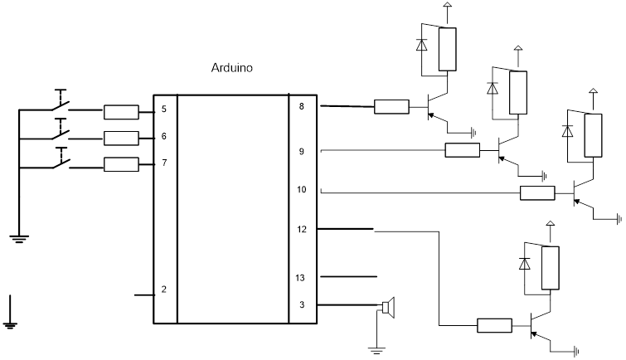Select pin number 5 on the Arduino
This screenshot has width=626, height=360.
[x=164, y=109]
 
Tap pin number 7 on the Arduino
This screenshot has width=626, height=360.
[x=164, y=163]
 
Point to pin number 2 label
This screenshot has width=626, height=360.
[x=164, y=289]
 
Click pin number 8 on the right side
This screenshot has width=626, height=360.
[x=301, y=106]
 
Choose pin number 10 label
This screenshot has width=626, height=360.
[x=301, y=190]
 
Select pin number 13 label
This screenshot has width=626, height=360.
[x=301, y=278]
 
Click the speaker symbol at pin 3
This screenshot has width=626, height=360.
[x=387, y=308]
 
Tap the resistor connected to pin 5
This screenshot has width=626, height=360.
[x=121, y=111]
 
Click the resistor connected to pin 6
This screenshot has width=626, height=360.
[x=121, y=138]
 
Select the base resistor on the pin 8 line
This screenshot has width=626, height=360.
[x=391, y=106]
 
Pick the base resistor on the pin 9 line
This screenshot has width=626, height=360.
[x=462, y=150]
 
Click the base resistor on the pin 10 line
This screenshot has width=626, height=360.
[x=537, y=193]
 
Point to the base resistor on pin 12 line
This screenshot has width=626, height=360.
[x=494, y=325]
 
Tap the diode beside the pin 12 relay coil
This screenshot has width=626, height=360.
[x=524, y=262]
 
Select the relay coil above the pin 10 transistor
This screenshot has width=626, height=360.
[x=594, y=135]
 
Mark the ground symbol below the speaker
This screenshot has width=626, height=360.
[x=378, y=349]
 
